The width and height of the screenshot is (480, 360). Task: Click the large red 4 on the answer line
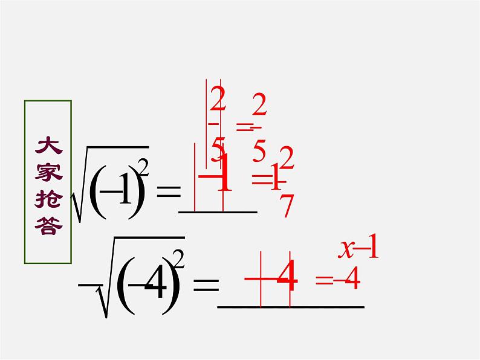pyautogui.click(x=290, y=278)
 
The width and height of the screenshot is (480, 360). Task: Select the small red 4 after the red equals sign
pyautogui.click(x=352, y=278)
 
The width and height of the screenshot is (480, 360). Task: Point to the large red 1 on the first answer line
pyautogui.click(x=224, y=175)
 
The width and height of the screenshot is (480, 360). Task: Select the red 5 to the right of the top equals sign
pyautogui.click(x=259, y=149)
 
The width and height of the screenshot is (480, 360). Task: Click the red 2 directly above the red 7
pyautogui.click(x=287, y=159)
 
